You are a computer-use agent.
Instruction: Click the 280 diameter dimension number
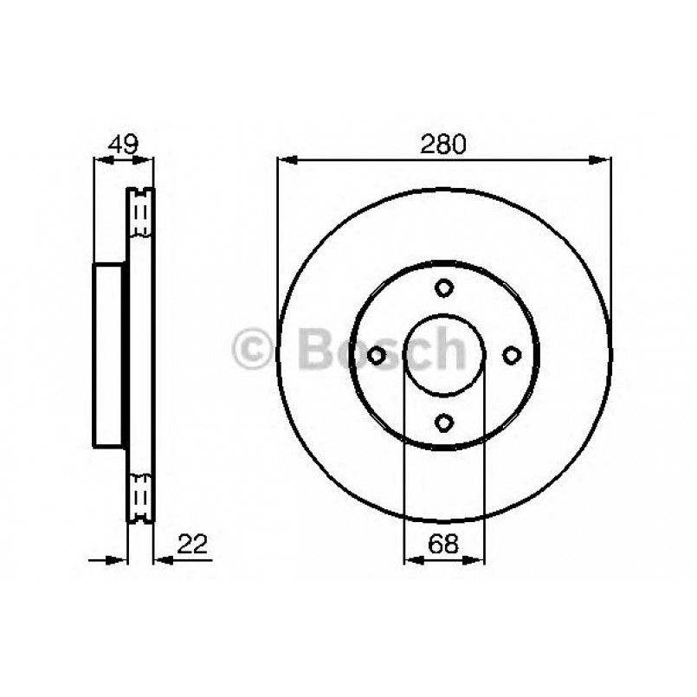tap(443, 144)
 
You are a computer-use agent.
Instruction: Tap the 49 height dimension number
tap(124, 144)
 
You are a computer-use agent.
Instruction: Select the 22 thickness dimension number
tap(192, 544)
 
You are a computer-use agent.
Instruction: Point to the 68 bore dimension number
tap(443, 544)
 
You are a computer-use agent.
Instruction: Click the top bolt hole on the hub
tap(444, 288)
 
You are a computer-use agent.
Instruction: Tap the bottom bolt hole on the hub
tap(444, 423)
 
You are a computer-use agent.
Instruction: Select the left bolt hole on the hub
tap(377, 355)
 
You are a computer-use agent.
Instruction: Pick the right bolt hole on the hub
tap(512, 355)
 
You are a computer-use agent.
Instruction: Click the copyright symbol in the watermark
tap(252, 349)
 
